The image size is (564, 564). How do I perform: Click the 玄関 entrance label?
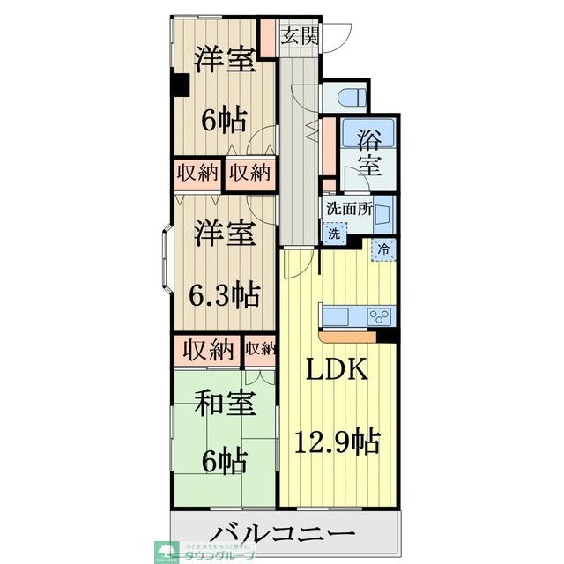click(x=300, y=36)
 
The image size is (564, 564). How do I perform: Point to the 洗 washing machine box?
click(x=334, y=234)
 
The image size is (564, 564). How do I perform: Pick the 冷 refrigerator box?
click(x=383, y=249)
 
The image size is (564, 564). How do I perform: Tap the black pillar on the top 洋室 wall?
click(x=181, y=85)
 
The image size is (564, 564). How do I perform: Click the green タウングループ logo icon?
click(x=164, y=551)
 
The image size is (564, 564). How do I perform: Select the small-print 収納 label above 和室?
click(x=260, y=348)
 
